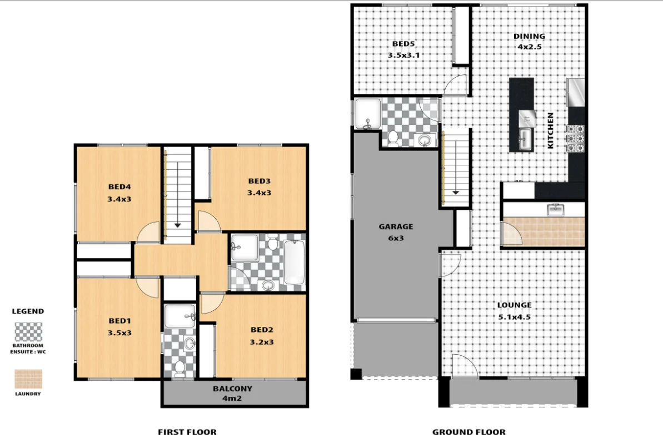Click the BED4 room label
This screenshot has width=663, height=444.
pyautogui.click(x=119, y=187)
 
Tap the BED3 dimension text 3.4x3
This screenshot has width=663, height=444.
pyautogui.click(x=259, y=193)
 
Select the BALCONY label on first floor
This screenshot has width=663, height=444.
pyautogui.click(x=232, y=389)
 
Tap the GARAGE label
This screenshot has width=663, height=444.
pyautogui.click(x=396, y=226)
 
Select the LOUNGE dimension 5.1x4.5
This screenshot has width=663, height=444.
pyautogui.click(x=514, y=317)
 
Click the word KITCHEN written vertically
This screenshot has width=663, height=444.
pyautogui.click(x=551, y=130)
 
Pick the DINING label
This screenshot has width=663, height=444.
pyautogui.click(x=529, y=37)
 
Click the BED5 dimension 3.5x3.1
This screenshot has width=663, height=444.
pyautogui.click(x=403, y=56)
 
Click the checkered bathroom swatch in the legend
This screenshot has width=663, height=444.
pyautogui.click(x=28, y=332)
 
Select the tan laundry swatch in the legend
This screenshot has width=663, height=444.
pyautogui.click(x=28, y=379)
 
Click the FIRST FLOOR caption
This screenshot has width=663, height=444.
pyautogui.click(x=187, y=432)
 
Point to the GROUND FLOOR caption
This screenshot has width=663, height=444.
pyautogui.click(x=468, y=432)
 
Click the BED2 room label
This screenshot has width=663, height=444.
pyautogui.click(x=261, y=330)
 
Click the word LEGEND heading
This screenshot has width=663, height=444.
pyautogui.click(x=28, y=311)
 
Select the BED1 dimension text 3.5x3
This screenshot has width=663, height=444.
pyautogui.click(x=119, y=333)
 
